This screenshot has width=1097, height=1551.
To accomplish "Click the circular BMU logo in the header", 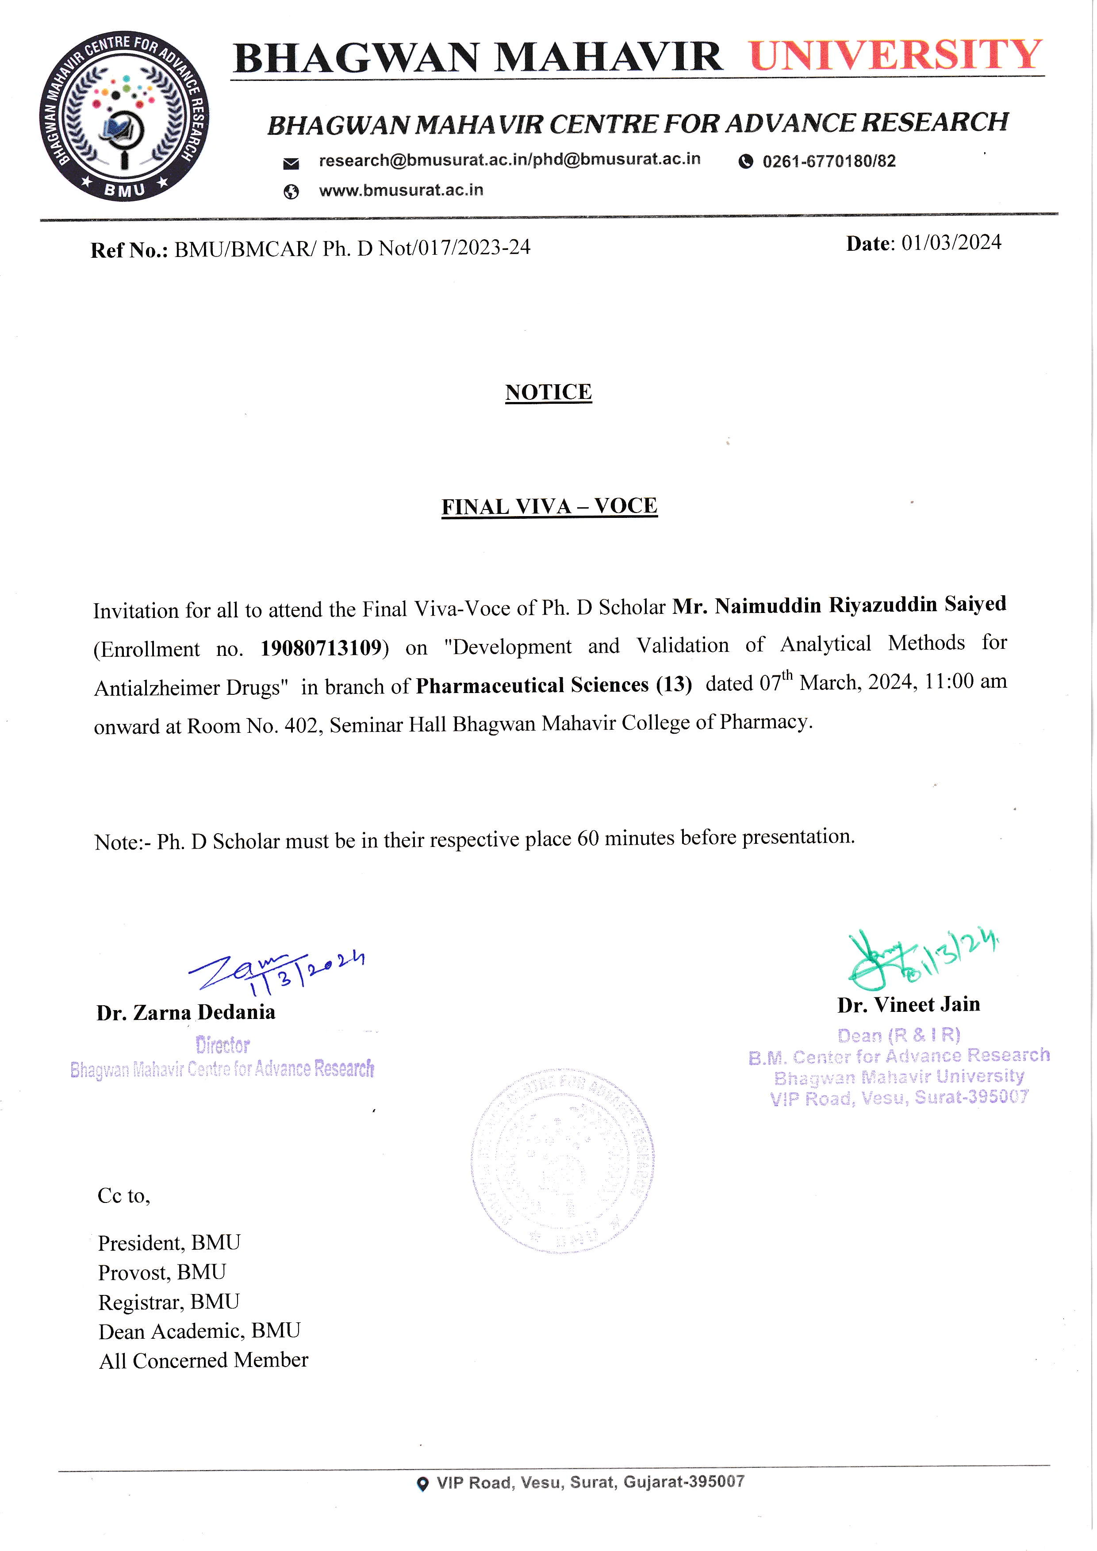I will (123, 116).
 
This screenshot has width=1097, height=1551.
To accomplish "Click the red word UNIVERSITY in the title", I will (896, 55).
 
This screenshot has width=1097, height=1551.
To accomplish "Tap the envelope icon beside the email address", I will (291, 163).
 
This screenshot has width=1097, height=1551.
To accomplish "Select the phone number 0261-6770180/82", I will (829, 161).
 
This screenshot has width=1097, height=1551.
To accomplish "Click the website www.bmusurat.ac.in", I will (401, 191).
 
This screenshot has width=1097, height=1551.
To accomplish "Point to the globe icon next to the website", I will (291, 192).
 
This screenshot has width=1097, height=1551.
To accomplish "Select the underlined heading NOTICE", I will (548, 392).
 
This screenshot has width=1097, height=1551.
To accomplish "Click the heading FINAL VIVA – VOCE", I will (549, 507).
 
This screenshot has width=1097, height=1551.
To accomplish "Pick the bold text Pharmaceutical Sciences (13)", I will (554, 685).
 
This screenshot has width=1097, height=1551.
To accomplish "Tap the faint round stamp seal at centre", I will (562, 1160).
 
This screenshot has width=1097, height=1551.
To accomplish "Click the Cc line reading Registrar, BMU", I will (169, 1301).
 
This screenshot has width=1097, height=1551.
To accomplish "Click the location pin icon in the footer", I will (423, 1484).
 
